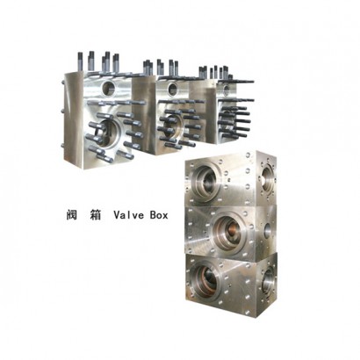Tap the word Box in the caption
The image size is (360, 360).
pos(159,215)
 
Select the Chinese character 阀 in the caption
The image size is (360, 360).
pos(72,215)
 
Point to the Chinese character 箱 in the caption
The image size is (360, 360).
pos(96,215)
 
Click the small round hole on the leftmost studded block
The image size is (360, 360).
pos(109,88)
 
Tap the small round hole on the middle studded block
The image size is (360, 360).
pos(172,88)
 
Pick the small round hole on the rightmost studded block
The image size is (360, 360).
pos(227,90)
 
